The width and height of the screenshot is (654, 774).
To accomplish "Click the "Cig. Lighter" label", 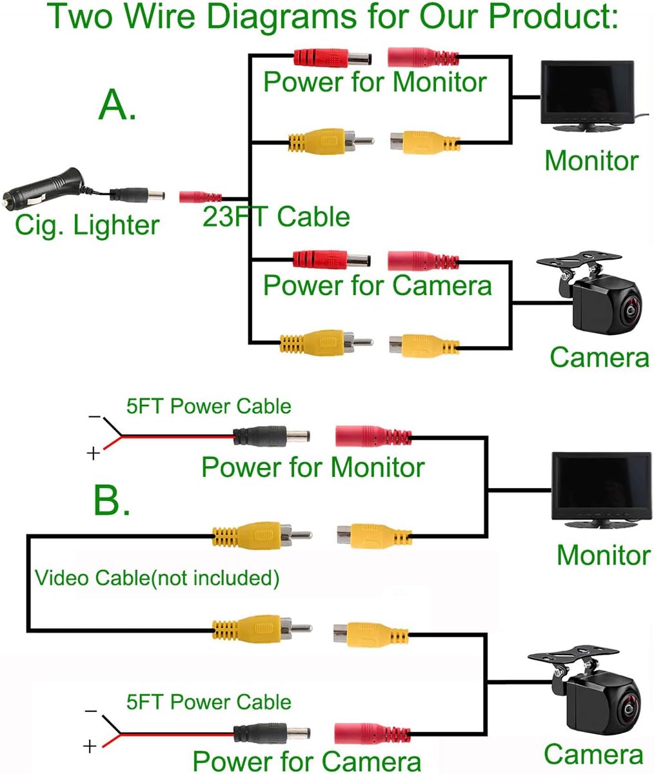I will pos(87,225).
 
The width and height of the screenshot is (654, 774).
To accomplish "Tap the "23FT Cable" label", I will pos(276,216).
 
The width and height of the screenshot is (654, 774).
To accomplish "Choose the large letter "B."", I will pos(112,500).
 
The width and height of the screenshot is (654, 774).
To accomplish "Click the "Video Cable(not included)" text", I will pos(157,577).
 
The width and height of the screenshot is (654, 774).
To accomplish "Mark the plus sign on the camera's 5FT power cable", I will pos(90,747).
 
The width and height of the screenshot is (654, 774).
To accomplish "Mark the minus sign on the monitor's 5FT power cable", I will pos(94,417).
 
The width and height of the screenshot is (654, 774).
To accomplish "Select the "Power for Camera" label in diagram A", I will pos(377,285).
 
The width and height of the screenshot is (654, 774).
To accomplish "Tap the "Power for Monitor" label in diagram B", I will pos(313,467).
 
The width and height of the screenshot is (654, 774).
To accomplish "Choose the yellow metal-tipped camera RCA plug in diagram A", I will pos(325,342).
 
